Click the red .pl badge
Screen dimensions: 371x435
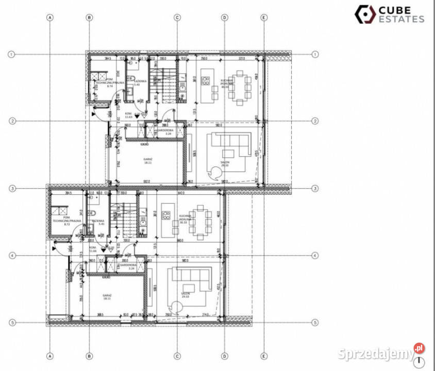(420, 348)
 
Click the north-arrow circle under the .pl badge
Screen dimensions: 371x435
(421, 362)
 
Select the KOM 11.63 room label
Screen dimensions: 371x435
(128, 115)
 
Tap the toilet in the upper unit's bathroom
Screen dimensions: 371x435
(131, 93)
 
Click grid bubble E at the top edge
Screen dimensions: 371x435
(264, 18)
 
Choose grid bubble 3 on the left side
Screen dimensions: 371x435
(12, 189)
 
